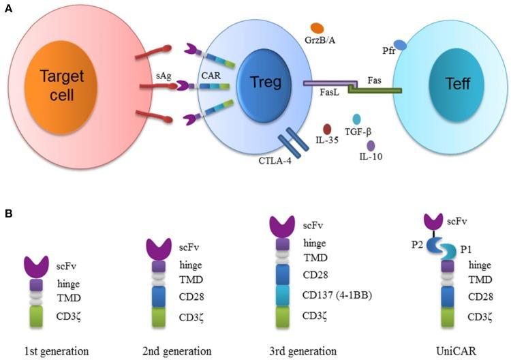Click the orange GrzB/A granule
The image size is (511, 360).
point(316,28)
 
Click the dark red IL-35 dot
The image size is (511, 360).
point(327,128)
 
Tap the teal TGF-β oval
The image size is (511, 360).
point(356,120)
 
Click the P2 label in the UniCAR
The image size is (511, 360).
point(402,248)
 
